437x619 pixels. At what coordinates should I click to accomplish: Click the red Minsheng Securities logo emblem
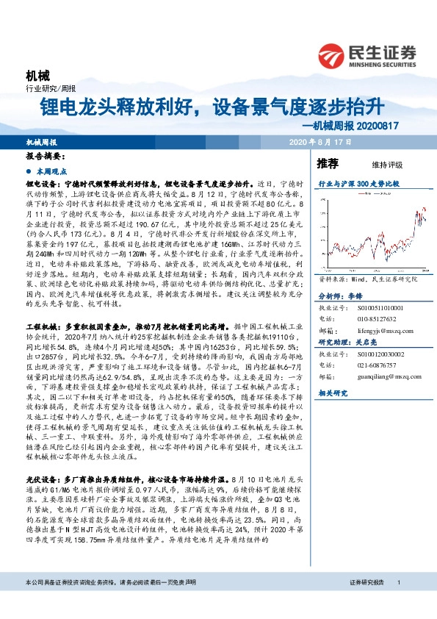333,54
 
